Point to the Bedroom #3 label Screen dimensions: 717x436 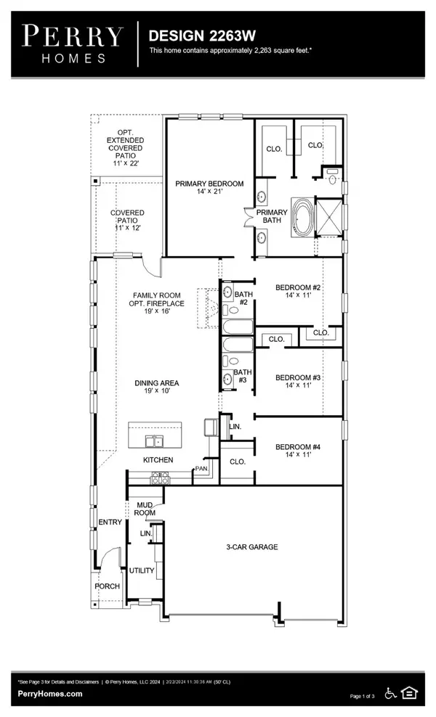point(298,382)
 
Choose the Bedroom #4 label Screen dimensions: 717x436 point(298,451)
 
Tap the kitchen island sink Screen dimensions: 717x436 point(153,441)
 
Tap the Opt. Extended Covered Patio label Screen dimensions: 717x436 point(125,148)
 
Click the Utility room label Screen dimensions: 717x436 point(142,570)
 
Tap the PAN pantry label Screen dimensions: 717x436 point(201,470)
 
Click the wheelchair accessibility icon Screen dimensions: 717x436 point(390,693)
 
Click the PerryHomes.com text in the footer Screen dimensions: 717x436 point(50,694)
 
